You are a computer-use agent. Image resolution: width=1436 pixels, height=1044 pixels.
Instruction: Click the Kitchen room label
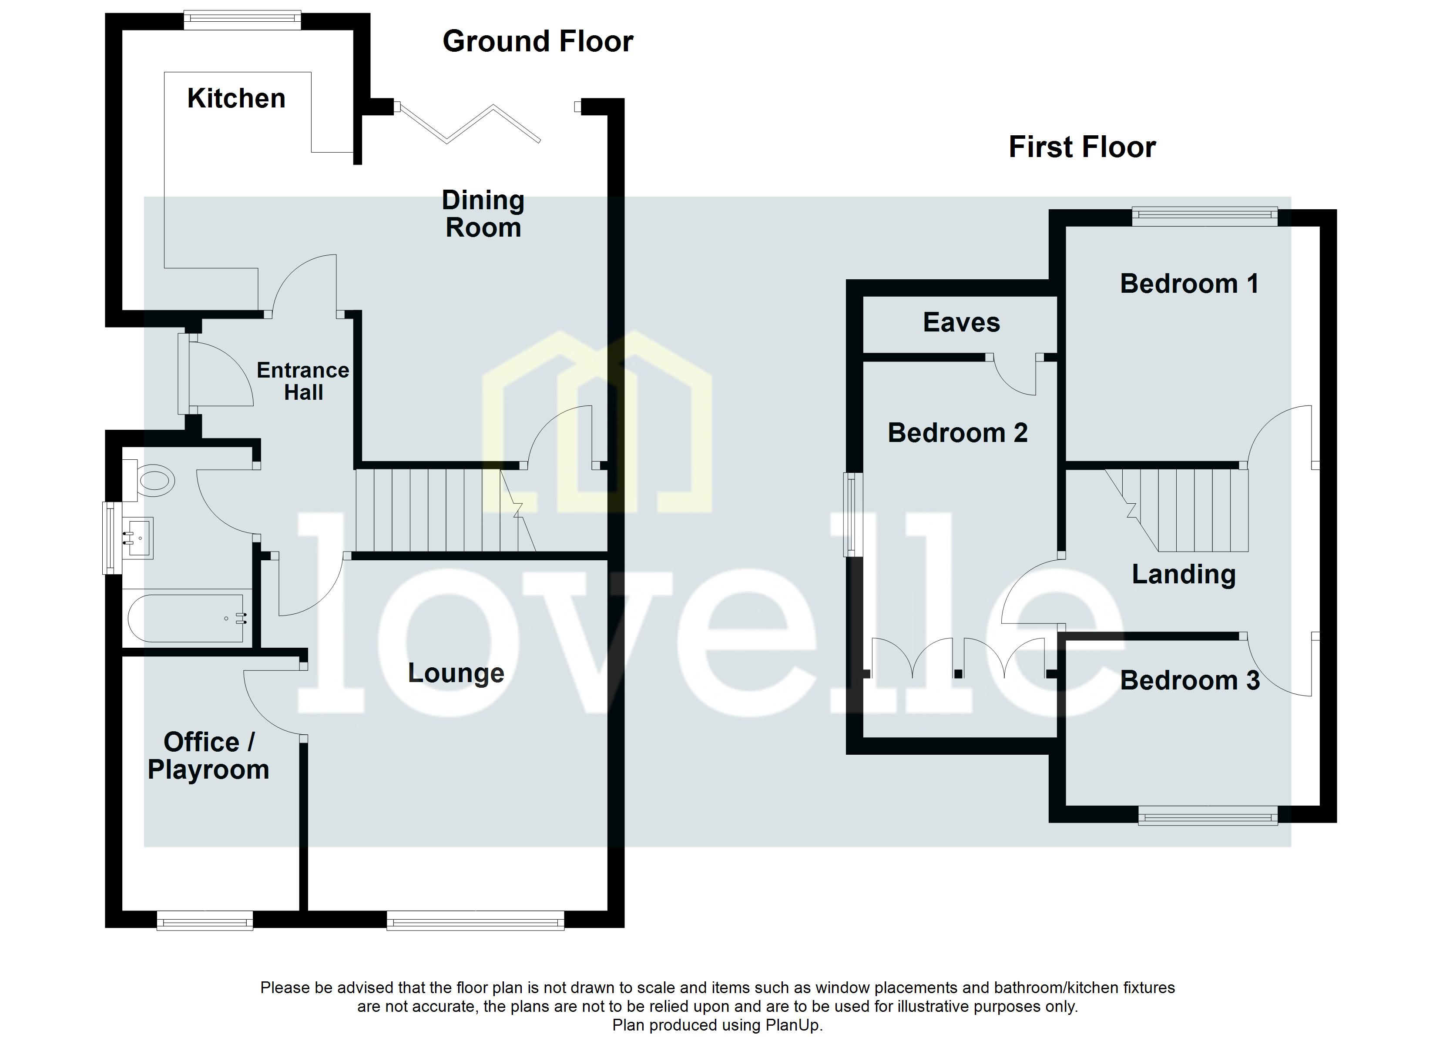[x=236, y=99]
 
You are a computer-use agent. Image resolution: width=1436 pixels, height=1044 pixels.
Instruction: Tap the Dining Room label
[x=483, y=214]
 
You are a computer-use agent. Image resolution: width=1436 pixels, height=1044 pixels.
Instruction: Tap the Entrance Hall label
[x=303, y=381]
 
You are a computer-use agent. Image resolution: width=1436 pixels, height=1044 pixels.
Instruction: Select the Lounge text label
[x=456, y=673]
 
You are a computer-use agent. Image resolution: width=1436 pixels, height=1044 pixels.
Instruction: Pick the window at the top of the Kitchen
[x=242, y=20]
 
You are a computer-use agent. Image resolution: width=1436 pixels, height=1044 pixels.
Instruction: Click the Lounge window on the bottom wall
[x=475, y=920]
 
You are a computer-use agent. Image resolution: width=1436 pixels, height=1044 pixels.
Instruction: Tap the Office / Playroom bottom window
[x=205, y=920]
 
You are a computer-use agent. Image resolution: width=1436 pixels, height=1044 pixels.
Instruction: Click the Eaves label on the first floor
[x=961, y=323]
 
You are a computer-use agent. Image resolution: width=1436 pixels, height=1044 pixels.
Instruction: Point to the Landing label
[x=1183, y=574]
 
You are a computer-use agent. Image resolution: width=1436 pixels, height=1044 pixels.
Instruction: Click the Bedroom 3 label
[x=1190, y=681]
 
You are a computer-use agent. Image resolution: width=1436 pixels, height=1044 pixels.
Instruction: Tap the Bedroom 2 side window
[x=853, y=514]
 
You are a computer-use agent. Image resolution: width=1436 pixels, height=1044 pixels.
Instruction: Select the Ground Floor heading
[x=537, y=42]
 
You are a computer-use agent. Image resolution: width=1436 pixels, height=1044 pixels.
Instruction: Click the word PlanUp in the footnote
[x=792, y=1025]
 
